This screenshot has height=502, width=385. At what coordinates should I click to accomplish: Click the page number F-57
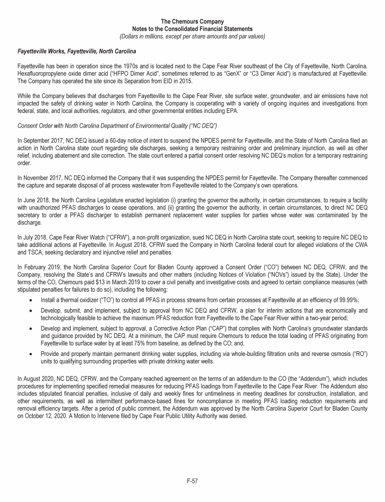pyautogui.click(x=192, y=480)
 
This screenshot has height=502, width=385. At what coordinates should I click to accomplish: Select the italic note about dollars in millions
pyautogui.click(x=192, y=36)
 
